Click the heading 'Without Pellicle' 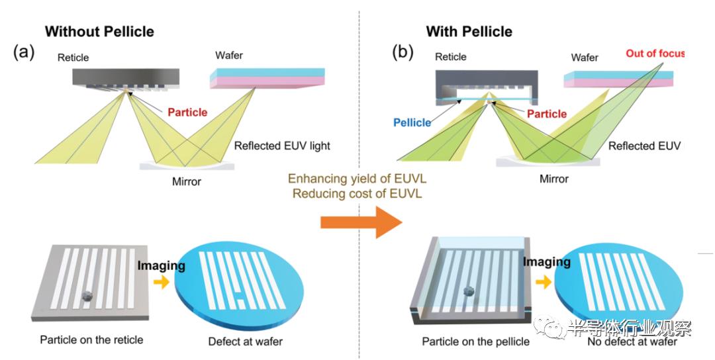(99, 31)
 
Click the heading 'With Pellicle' (469, 31)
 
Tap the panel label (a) (24, 53)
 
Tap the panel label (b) (403, 53)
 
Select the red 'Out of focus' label (655, 53)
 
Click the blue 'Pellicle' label (412, 122)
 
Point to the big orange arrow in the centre (361, 222)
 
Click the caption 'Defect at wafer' (245, 342)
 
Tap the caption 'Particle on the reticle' (91, 340)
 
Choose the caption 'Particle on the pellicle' (475, 342)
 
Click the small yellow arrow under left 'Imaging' (161, 283)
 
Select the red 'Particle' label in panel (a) (187, 112)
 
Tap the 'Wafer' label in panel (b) (585, 58)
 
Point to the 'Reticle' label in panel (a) (74, 57)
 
